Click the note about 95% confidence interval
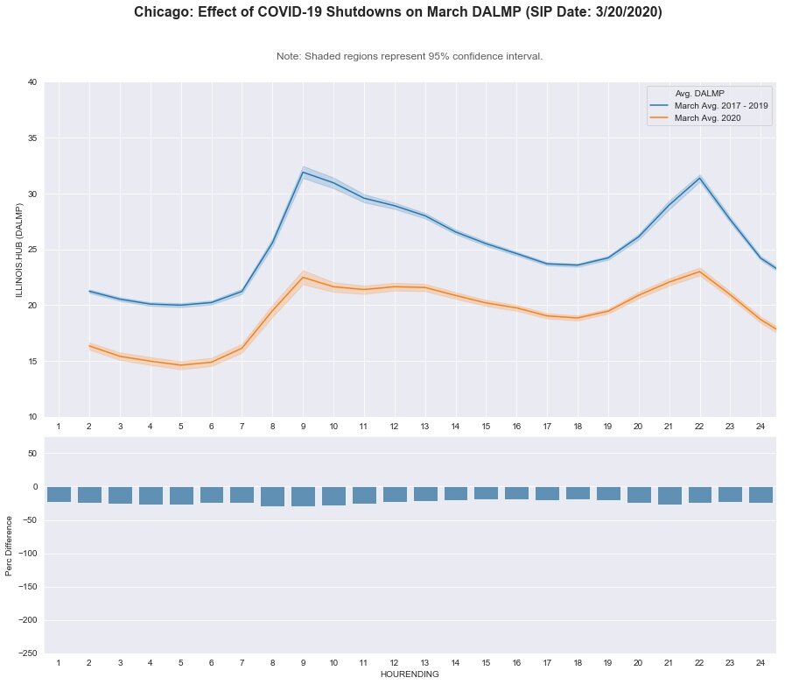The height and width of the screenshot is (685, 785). pyautogui.click(x=410, y=56)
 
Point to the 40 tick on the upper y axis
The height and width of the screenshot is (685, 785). pyautogui.click(x=32, y=82)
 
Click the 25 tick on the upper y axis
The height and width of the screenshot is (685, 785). pyautogui.click(x=32, y=250)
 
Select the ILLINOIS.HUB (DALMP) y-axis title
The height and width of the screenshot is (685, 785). pyautogui.click(x=18, y=250)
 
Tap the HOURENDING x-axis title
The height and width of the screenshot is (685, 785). pyautogui.click(x=410, y=675)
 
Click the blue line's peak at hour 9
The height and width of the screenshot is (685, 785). pyautogui.click(x=303, y=172)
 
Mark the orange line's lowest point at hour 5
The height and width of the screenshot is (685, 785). pyautogui.click(x=181, y=364)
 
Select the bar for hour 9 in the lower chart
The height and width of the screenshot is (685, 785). pyautogui.click(x=303, y=497)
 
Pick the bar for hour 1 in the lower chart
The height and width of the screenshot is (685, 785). pyautogui.click(x=59, y=494)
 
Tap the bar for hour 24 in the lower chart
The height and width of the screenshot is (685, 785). pyautogui.click(x=760, y=495)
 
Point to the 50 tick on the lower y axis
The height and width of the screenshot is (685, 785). pyautogui.click(x=30, y=454)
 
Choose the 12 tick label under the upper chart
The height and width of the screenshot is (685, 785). pyautogui.click(x=395, y=426)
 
